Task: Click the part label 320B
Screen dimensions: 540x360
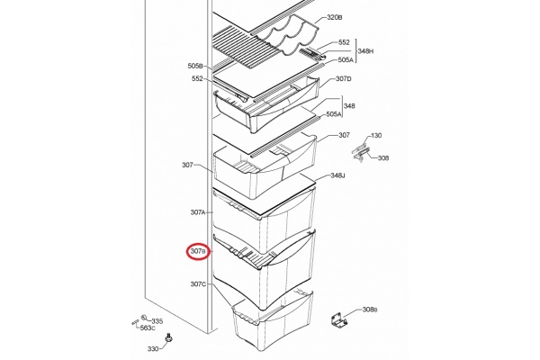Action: (334, 18)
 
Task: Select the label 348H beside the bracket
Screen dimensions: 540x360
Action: (365, 51)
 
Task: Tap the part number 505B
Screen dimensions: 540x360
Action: (195, 66)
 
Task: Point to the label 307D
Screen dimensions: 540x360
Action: (344, 79)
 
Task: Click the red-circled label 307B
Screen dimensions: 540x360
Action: (198, 252)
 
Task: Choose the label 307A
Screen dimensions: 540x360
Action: (198, 212)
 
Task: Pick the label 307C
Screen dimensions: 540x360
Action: (198, 284)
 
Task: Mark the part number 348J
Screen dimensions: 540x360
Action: (337, 175)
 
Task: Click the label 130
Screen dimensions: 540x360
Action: (376, 135)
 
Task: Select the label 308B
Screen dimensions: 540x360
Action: (370, 310)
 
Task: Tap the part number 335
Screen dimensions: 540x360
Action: (157, 321)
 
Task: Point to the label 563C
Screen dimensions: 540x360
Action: (148, 328)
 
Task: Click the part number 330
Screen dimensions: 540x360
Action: (153, 349)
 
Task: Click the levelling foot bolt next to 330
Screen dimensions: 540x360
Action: (168, 337)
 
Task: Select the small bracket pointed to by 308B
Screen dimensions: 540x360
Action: (339, 320)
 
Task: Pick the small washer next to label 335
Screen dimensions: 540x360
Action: (145, 318)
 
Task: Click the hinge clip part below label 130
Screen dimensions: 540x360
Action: (361, 153)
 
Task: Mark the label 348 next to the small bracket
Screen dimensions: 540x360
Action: (349, 106)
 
